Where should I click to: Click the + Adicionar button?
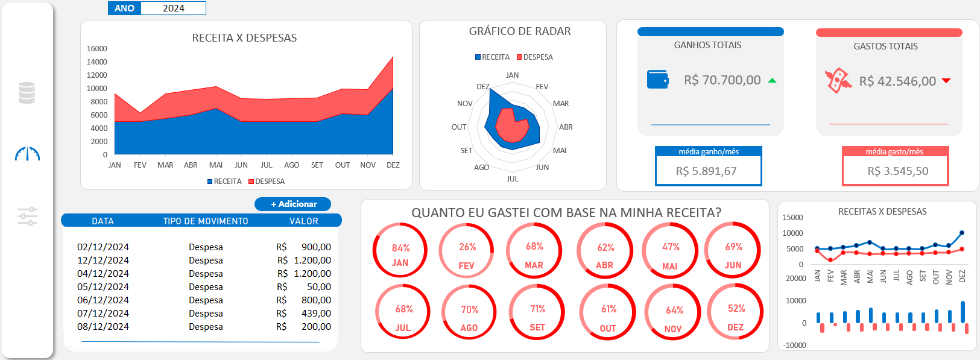tap(293, 204)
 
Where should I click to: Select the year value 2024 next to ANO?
tap(174, 8)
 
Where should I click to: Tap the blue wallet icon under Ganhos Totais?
tap(657, 80)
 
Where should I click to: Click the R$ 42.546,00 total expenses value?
tap(897, 81)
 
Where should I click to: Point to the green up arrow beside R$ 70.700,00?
tap(772, 80)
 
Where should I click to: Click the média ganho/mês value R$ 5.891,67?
tap(706, 171)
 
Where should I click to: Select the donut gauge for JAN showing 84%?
tap(400, 250)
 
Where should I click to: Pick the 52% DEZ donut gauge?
tap(735, 312)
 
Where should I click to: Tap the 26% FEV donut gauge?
tap(467, 250)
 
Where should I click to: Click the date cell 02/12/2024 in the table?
tap(103, 247)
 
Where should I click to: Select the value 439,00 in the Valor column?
tap(316, 314)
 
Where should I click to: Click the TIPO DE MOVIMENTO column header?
tap(206, 221)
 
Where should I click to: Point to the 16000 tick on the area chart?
tap(97, 49)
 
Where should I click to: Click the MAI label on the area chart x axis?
tap(216, 165)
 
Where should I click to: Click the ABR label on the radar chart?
tap(566, 127)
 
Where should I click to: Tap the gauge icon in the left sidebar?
tap(27, 154)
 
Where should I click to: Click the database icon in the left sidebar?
tap(27, 93)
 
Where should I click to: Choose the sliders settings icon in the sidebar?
tap(27, 216)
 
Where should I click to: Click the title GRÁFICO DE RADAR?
tap(520, 31)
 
